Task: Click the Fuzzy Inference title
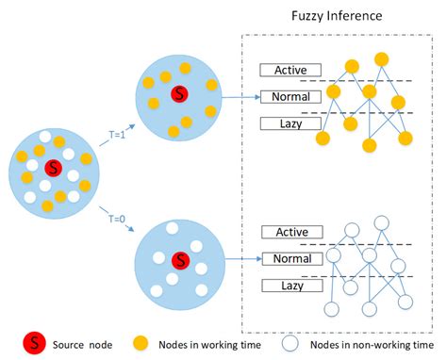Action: (337, 17)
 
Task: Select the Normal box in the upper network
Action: (290, 97)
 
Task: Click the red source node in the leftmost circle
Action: (54, 168)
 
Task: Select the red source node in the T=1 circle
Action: (178, 94)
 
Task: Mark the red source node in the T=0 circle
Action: (179, 260)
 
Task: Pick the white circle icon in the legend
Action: (294, 345)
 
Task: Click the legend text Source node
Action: (81, 345)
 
